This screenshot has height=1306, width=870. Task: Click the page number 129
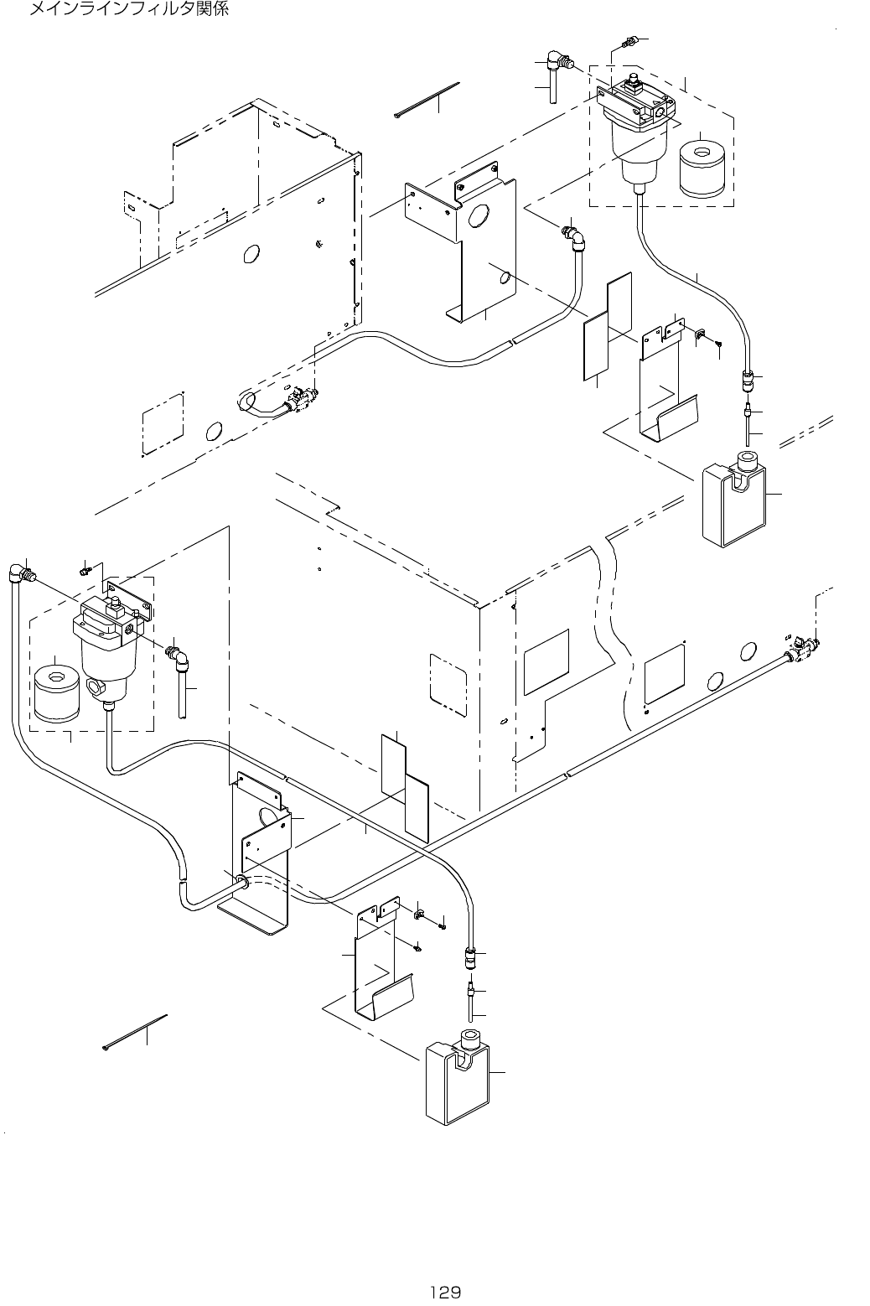[x=445, y=1292]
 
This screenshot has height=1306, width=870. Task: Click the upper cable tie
[x=427, y=101]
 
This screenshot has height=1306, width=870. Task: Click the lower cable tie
[x=134, y=1032]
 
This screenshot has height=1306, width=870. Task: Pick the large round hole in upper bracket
[x=478, y=215]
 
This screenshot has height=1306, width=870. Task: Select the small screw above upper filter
[x=627, y=41]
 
